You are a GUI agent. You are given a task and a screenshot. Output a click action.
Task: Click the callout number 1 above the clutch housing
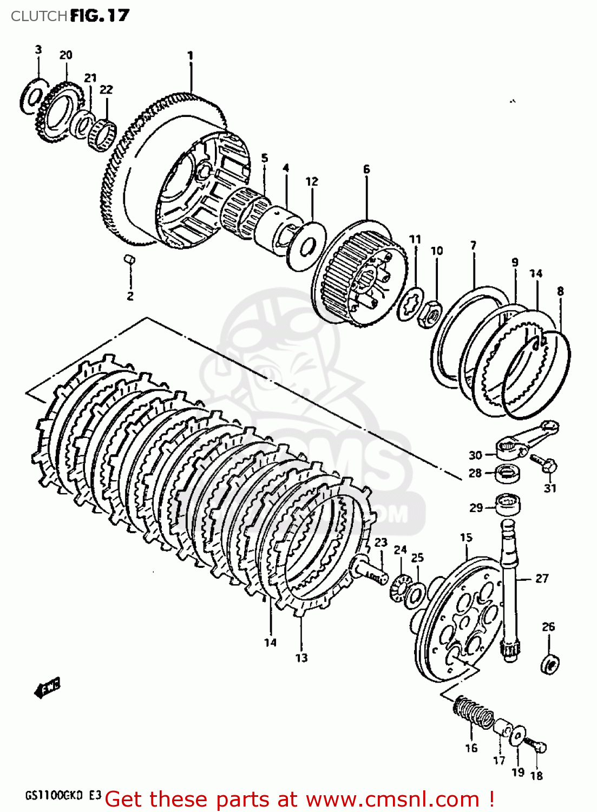point(190,55)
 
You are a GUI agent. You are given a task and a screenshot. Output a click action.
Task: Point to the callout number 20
point(65,55)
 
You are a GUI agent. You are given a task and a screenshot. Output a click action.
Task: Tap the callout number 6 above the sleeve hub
point(366,169)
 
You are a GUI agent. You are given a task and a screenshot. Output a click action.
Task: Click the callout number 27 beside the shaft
point(542,578)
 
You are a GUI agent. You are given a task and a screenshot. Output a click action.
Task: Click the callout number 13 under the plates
point(301,658)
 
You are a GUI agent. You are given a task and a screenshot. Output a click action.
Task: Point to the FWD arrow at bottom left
point(47,688)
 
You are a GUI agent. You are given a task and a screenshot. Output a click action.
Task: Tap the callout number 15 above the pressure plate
point(466,537)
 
